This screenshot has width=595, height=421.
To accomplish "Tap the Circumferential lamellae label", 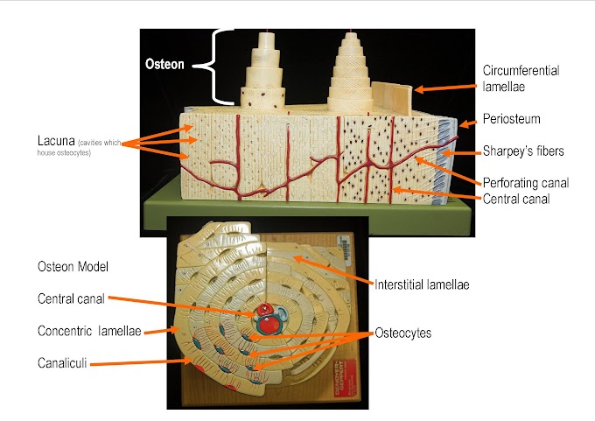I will tap(520, 79).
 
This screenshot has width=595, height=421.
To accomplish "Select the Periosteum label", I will tap(511, 119).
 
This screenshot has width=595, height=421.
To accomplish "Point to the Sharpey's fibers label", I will tap(523, 151).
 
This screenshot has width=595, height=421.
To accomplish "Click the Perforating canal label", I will tap(526, 183).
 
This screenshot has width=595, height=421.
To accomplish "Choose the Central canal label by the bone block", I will tap(520, 199).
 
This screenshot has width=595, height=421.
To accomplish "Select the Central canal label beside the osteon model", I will tap(72, 298).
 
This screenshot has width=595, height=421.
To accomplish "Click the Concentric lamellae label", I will tap(90, 331).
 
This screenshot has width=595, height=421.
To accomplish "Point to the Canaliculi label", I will tap(65, 361).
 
